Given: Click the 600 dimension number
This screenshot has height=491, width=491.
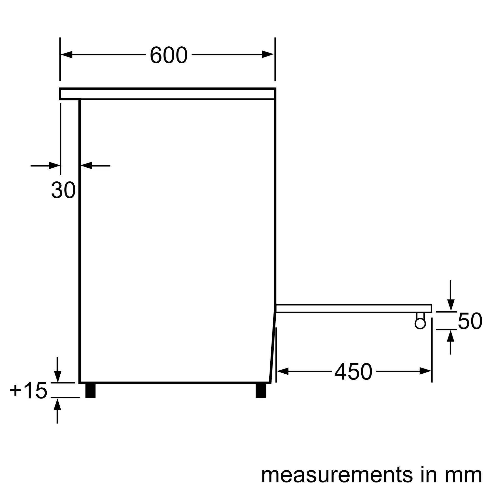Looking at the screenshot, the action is [x=168, y=55].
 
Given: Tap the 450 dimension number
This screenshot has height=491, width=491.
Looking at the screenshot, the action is [x=354, y=371].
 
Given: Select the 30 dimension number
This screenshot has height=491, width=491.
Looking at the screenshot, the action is [x=64, y=190].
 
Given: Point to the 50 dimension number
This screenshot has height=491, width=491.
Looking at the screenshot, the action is [x=470, y=321].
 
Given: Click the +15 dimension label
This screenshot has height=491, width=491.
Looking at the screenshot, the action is [x=28, y=390].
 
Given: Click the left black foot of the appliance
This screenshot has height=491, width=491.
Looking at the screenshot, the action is [x=91, y=391].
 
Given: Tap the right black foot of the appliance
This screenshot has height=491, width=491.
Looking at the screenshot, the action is [x=261, y=391].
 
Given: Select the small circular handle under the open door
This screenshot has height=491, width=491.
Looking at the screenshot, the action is [x=420, y=324].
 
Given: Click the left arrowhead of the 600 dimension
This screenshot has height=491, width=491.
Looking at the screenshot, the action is [x=67, y=55].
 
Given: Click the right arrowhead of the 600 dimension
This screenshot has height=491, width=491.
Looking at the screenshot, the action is [x=268, y=55].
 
